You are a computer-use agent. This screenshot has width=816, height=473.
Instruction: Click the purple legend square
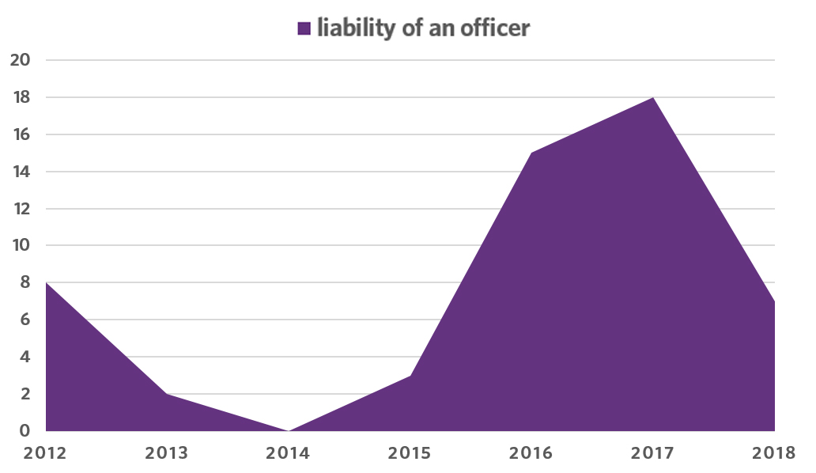[304, 29]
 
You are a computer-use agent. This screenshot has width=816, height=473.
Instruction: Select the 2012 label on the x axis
[46, 453]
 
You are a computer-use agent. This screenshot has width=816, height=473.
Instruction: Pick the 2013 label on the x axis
[167, 453]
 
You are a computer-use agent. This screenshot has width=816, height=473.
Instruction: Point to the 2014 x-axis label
[289, 453]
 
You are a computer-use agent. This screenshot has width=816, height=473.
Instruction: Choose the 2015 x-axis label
[410, 453]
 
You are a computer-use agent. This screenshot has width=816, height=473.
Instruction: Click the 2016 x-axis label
[531, 453]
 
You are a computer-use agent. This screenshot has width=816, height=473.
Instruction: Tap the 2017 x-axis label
[653, 453]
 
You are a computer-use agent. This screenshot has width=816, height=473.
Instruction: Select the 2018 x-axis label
[774, 453]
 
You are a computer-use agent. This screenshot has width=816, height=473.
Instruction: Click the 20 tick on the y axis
[21, 60]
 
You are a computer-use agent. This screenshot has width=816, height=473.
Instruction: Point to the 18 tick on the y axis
[21, 97]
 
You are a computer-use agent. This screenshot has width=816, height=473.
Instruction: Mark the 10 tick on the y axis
[21, 246]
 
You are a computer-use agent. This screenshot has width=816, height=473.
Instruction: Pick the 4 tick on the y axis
[25, 357]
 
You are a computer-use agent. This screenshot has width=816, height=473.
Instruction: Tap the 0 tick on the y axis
[25, 431]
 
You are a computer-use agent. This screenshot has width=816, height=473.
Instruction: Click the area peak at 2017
[653, 97]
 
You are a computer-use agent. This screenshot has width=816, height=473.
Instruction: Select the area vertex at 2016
[531, 153]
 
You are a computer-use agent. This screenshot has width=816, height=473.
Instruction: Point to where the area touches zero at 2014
[289, 430]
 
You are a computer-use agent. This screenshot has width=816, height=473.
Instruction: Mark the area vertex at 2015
[410, 376]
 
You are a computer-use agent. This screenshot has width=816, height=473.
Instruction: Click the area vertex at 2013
[167, 394]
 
